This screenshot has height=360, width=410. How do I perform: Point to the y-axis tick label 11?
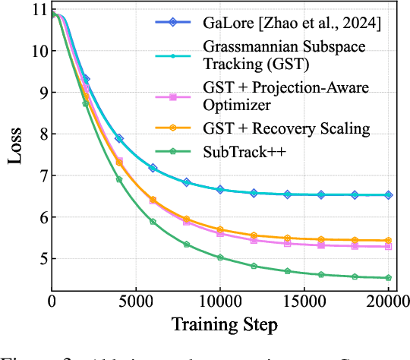pyautogui.click(x=34, y=10)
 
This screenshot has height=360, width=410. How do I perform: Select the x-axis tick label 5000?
pyautogui.click(x=135, y=302)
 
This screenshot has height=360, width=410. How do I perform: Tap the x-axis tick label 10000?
pyautogui.click(x=219, y=302)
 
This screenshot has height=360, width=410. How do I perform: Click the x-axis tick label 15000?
pyautogui.click(x=304, y=302)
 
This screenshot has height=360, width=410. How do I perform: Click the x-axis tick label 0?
pyautogui.click(x=52, y=302)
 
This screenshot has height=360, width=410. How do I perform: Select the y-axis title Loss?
pyautogui.click(x=14, y=148)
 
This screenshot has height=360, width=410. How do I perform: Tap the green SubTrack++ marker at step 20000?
pyautogui.click(x=388, y=278)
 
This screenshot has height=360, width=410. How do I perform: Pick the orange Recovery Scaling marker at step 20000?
pyautogui.click(x=388, y=240)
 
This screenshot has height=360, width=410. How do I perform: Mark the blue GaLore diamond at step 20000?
pyautogui.click(x=388, y=195)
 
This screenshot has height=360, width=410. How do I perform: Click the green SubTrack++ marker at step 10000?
pyautogui.click(x=220, y=257)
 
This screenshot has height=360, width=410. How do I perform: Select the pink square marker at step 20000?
pyautogui.click(x=388, y=246)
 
